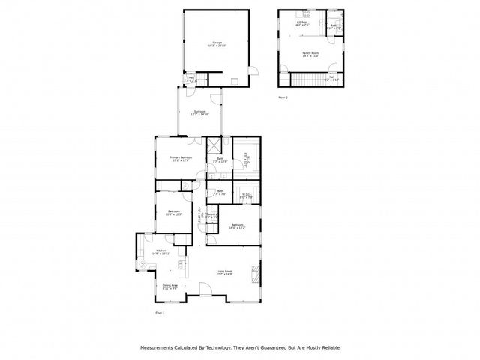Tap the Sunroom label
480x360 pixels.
click(199, 113)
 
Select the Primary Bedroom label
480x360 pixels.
click(181, 158)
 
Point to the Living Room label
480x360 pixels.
click(224, 273)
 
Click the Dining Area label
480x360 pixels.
click(170, 286)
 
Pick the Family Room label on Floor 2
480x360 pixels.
click(310, 53)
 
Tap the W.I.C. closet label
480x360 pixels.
click(246, 196)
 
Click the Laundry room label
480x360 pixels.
click(212, 216)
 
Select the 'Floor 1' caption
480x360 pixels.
click(159, 312)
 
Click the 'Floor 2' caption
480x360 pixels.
click(283, 97)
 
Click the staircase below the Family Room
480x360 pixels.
click(303, 78)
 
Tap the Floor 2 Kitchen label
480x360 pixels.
click(301, 25)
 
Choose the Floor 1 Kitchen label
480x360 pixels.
click(160, 251)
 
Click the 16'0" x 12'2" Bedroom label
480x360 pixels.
click(238, 226)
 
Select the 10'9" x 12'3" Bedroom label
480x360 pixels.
click(173, 212)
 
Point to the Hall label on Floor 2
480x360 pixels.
click(331, 77)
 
